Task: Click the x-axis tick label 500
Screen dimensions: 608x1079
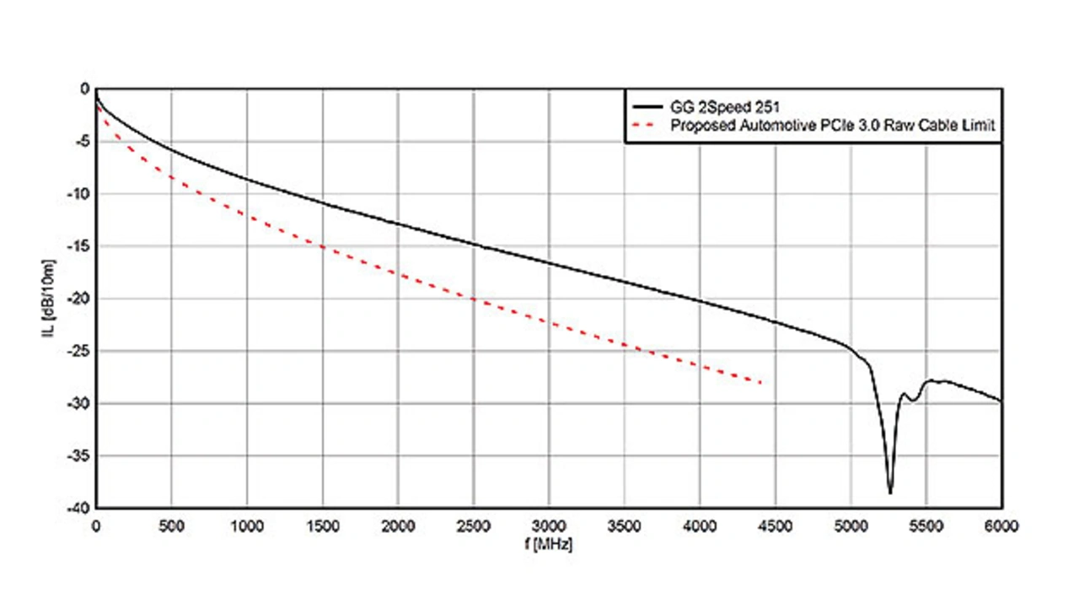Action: [171, 526]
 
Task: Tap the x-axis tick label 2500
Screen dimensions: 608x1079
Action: [473, 526]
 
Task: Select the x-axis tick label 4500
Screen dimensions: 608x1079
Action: [775, 526]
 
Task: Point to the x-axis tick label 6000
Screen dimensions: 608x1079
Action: [1001, 526]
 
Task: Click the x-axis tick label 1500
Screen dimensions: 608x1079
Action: [322, 526]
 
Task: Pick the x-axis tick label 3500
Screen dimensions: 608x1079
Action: [624, 526]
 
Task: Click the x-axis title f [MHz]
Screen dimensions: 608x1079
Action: [548, 545]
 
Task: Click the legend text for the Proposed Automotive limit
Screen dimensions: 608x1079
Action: [833, 126]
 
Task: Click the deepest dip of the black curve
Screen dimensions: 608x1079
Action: [890, 492]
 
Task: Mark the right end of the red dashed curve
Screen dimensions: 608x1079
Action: [762, 383]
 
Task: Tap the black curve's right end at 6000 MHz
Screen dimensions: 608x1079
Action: [1001, 401]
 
